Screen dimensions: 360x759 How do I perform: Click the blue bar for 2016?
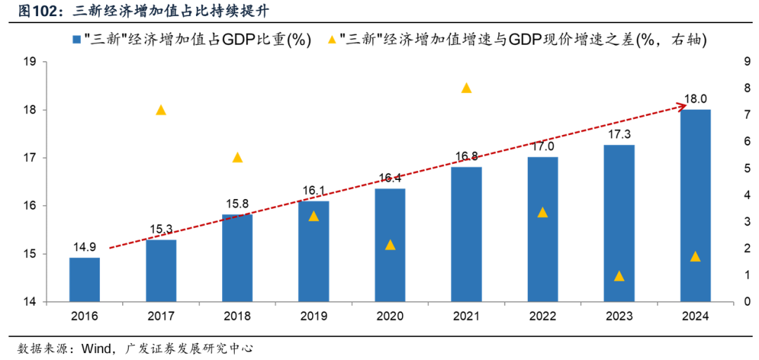pyautogui.click(x=84, y=280)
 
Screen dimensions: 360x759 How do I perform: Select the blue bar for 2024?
pyautogui.click(x=695, y=205)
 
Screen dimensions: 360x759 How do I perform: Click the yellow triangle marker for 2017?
pyautogui.click(x=160, y=110)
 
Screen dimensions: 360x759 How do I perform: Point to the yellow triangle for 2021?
pyautogui.click(x=466, y=88)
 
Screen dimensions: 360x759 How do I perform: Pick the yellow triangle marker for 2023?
pyautogui.click(x=619, y=276)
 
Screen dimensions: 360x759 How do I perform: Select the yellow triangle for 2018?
pyautogui.click(x=237, y=157)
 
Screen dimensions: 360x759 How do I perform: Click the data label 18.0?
pyautogui.click(x=695, y=99)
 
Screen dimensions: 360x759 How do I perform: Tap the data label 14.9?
pyautogui.click(x=84, y=247)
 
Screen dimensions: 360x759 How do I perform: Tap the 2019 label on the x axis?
pyautogui.click(x=313, y=316)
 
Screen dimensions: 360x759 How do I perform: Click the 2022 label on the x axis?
pyautogui.click(x=543, y=316)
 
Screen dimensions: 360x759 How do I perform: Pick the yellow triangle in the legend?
pyautogui.click(x=330, y=39)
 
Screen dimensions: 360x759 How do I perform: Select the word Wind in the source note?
pyautogui.click(x=98, y=348)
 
